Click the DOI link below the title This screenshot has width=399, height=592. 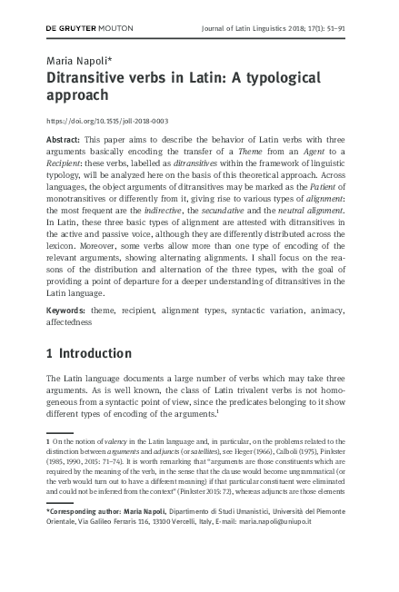tap(106, 121)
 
